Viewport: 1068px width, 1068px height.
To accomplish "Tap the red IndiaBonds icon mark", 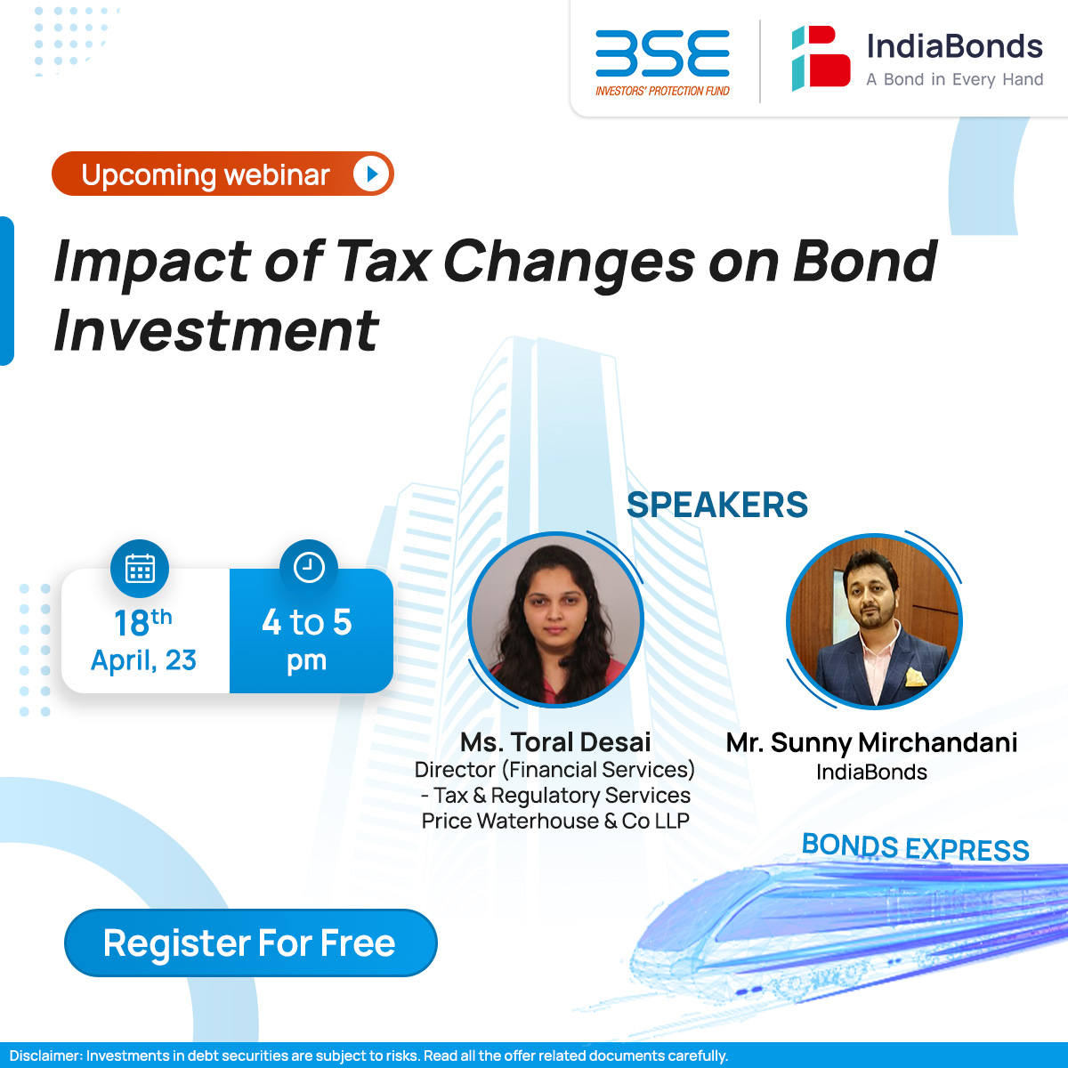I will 821,59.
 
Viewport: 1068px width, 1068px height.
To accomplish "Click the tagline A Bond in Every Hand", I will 954,79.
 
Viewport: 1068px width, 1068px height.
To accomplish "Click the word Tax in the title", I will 383,263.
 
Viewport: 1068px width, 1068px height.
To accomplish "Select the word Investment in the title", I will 216,331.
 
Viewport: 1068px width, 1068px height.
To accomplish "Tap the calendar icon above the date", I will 140,568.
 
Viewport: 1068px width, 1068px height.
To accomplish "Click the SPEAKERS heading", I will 717,506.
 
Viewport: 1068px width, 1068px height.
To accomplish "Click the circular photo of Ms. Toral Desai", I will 555,619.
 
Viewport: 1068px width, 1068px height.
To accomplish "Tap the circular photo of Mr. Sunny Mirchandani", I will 874,619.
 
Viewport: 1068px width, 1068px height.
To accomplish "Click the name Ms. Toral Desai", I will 555,742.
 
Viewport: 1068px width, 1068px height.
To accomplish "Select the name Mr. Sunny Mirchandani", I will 871,742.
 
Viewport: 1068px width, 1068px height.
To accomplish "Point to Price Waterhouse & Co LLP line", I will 555,821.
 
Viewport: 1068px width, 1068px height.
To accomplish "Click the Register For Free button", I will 250,943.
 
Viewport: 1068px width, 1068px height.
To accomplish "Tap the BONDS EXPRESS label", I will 915,847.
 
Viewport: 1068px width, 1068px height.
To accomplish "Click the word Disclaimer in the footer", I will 44,1056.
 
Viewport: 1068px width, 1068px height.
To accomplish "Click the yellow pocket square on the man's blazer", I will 915,678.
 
